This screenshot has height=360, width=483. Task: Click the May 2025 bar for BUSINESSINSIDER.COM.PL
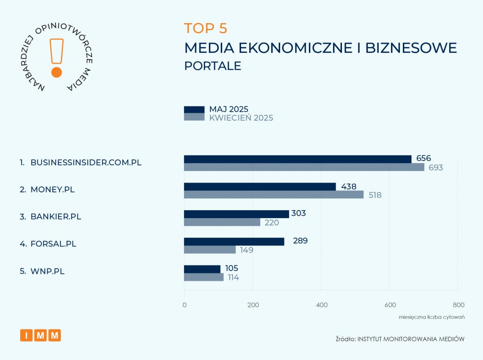click(x=297, y=159)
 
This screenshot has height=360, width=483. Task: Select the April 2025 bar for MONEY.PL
click(x=274, y=195)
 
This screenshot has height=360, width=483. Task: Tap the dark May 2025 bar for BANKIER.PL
click(x=236, y=214)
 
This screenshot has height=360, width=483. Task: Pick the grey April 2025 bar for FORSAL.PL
click(x=209, y=250)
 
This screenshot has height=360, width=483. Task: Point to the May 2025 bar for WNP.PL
click(x=202, y=269)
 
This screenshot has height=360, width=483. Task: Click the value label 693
click(x=436, y=167)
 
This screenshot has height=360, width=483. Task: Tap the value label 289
click(x=300, y=241)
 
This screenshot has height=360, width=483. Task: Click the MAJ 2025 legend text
click(x=229, y=109)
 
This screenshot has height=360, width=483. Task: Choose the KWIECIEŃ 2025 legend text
click(x=241, y=118)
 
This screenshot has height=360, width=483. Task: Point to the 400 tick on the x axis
click(x=321, y=305)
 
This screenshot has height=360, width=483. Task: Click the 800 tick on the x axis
click(x=458, y=305)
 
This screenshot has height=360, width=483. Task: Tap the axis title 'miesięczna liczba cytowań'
click(x=431, y=317)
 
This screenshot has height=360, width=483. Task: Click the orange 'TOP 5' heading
click(x=206, y=28)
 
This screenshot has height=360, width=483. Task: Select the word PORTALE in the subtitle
click(x=213, y=66)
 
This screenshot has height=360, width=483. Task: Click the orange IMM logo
click(x=41, y=335)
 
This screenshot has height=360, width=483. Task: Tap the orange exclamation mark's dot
click(x=57, y=72)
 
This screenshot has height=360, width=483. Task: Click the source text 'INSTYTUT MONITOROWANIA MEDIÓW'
click(x=411, y=339)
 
